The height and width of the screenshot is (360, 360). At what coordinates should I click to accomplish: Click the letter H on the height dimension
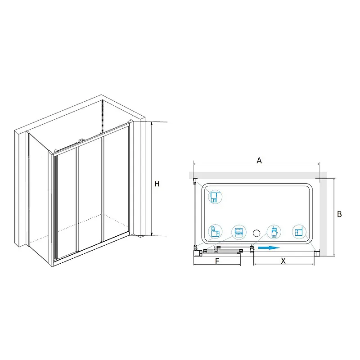[157, 184]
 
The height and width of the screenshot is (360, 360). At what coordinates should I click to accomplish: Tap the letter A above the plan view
[259, 161]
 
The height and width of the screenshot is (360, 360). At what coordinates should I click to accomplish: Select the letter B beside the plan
[339, 214]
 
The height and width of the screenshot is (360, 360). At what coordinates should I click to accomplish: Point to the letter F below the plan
[217, 261]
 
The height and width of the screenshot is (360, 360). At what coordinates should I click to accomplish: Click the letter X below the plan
[283, 261]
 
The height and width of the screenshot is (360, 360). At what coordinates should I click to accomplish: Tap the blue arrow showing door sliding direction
[269, 248]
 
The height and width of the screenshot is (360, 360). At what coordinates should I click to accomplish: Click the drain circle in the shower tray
[256, 233]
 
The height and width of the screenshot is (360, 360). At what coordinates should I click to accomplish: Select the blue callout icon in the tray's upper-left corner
[215, 197]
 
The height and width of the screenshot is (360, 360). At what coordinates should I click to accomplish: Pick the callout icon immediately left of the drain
[239, 232]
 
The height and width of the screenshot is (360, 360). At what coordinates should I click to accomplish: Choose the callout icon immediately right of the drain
[274, 232]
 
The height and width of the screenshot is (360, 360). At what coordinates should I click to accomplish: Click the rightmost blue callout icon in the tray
[299, 232]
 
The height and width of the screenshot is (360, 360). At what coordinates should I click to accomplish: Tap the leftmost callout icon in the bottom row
[215, 232]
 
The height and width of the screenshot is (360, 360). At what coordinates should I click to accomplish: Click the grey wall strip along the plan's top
[257, 175]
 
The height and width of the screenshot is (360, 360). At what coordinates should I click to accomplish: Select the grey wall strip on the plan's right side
[323, 217]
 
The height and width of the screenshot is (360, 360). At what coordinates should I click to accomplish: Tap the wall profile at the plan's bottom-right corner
[317, 253]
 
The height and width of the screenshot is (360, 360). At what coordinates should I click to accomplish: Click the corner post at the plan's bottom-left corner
[197, 253]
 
